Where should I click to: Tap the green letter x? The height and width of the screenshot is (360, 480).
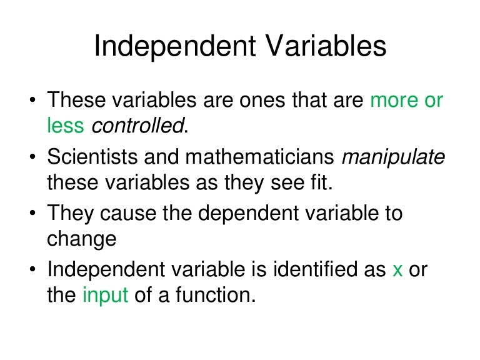click(x=397, y=269)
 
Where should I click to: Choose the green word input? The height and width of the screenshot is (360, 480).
click(x=105, y=295)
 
